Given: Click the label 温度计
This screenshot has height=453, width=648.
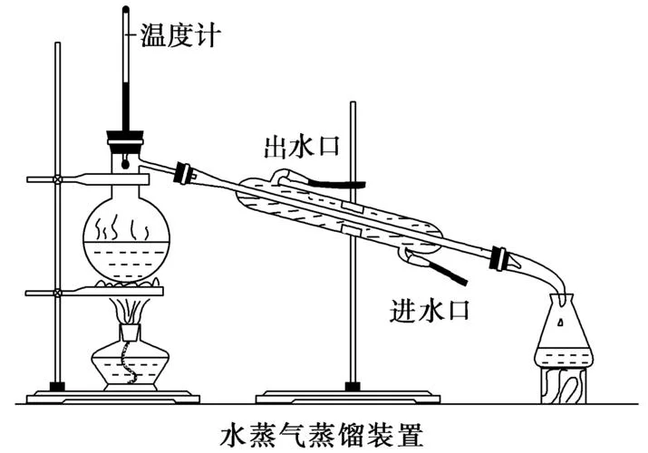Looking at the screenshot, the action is pos(179,35).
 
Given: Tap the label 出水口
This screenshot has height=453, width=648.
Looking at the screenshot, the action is pos(301,147).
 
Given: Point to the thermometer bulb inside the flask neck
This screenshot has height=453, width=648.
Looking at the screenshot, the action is pos(124,163).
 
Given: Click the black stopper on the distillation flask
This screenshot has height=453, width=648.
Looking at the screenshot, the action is pos(125,137).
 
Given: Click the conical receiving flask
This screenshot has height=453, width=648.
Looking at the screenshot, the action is pos(564,331).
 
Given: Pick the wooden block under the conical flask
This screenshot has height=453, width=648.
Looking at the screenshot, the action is pos(564,384).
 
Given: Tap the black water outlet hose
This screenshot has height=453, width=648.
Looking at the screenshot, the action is pos(337,182).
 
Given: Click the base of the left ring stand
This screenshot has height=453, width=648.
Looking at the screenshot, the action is pos(112,398).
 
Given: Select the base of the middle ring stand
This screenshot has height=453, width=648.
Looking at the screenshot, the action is pos(348,398).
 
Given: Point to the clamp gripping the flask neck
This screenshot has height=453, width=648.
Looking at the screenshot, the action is pos(88,179).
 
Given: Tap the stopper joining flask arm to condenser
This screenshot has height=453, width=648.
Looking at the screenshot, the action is pos(184,173).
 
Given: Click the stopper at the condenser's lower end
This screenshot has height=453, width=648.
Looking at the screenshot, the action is pos(498,257).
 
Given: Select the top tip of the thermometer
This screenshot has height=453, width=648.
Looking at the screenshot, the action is pos(126,7).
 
